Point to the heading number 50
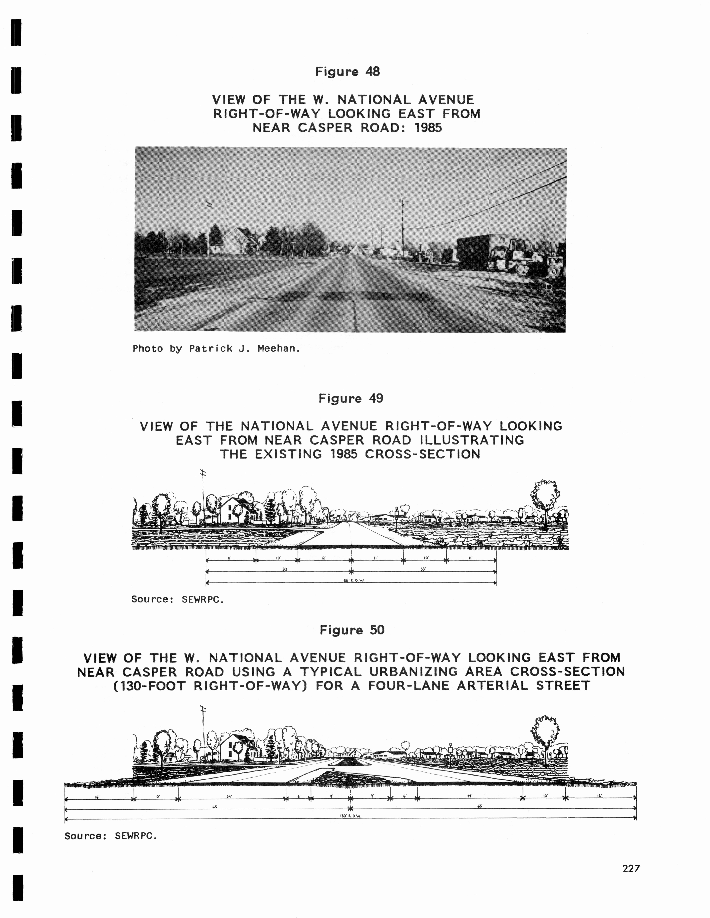[377, 630]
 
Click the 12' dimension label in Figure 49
[324, 558]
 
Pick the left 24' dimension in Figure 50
[229, 796]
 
